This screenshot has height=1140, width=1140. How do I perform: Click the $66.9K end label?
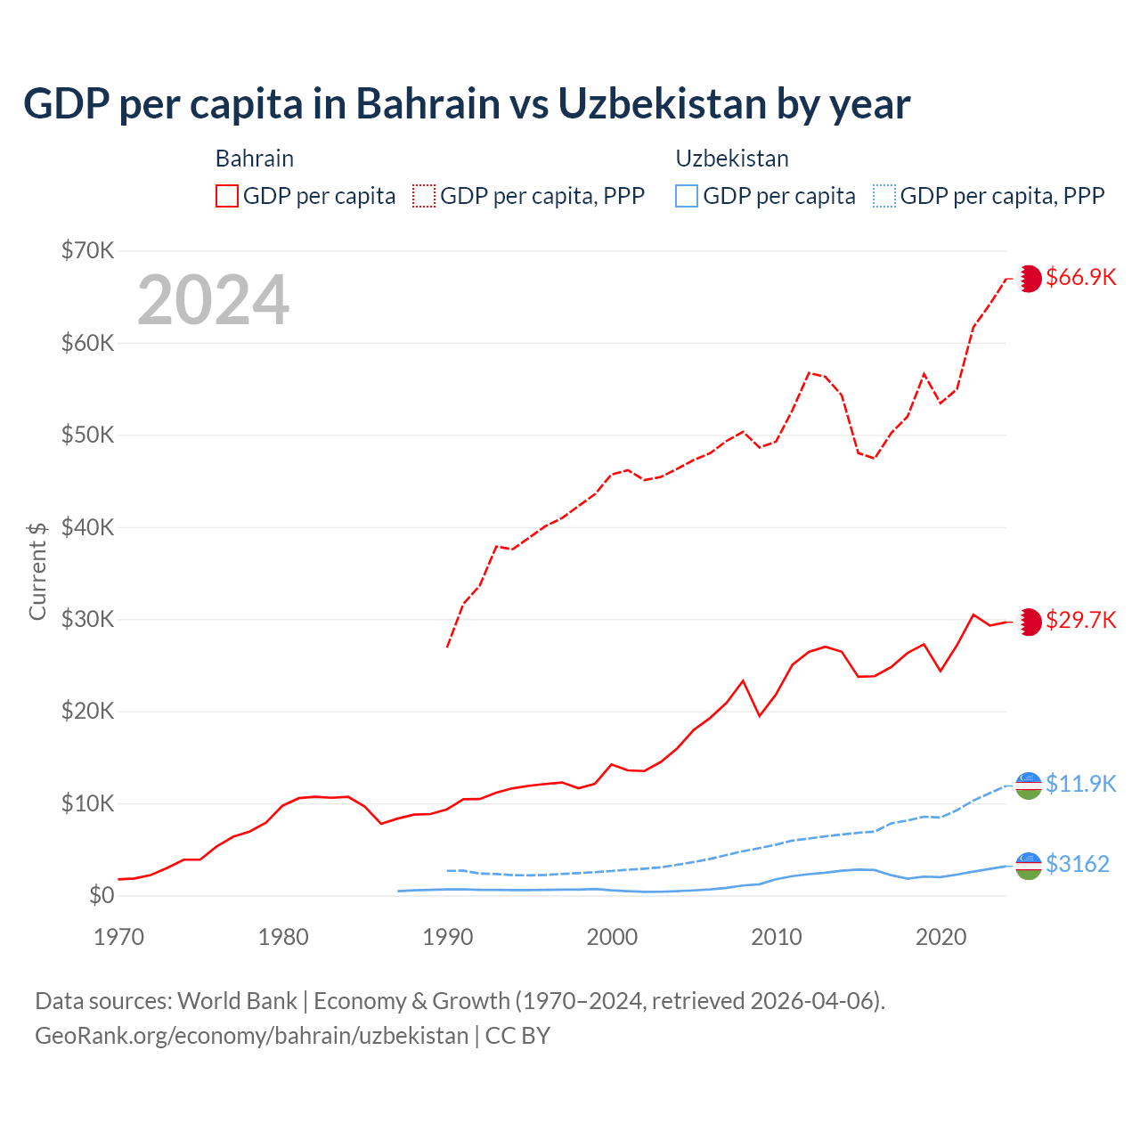click(1080, 277)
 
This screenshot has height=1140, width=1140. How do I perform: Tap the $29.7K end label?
click(1080, 620)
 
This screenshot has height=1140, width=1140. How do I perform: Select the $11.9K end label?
click(1080, 784)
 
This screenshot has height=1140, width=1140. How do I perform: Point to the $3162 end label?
click(1077, 864)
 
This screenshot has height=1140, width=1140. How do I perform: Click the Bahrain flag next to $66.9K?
click(1030, 278)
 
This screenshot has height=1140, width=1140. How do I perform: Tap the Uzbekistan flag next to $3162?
click(1029, 865)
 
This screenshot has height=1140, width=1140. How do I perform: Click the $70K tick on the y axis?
click(87, 250)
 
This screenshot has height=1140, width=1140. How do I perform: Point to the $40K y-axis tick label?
click(87, 527)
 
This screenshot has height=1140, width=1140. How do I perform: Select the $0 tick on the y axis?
click(102, 895)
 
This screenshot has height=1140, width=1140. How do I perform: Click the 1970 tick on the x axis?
click(118, 937)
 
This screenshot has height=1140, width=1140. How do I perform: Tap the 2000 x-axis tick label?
click(612, 937)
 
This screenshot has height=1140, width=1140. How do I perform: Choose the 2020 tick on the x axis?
click(940, 937)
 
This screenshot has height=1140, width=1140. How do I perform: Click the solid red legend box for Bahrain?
click(227, 196)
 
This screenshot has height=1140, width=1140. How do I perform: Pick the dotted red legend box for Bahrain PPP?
click(424, 196)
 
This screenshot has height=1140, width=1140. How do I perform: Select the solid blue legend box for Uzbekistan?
click(687, 196)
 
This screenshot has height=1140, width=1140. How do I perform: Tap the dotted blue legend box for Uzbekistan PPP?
click(884, 196)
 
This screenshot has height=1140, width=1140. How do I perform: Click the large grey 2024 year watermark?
click(213, 300)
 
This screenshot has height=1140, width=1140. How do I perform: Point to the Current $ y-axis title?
click(37, 571)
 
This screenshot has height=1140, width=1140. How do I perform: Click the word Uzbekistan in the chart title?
click(662, 104)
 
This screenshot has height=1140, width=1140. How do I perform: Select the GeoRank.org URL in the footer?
click(251, 1036)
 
